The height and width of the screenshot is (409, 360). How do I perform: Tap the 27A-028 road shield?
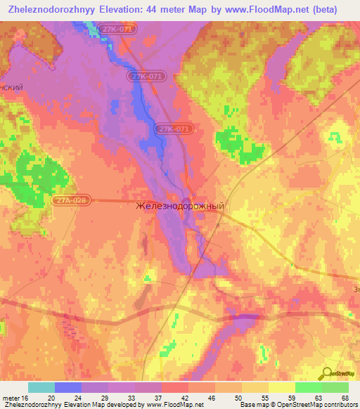coord(70,200)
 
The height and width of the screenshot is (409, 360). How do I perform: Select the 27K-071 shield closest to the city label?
coord(174,129)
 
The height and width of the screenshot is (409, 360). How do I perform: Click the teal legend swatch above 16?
coord(41,387)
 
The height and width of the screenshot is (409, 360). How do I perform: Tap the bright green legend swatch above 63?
coord(308,387)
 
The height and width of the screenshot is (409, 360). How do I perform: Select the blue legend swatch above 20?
coord(68,387)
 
